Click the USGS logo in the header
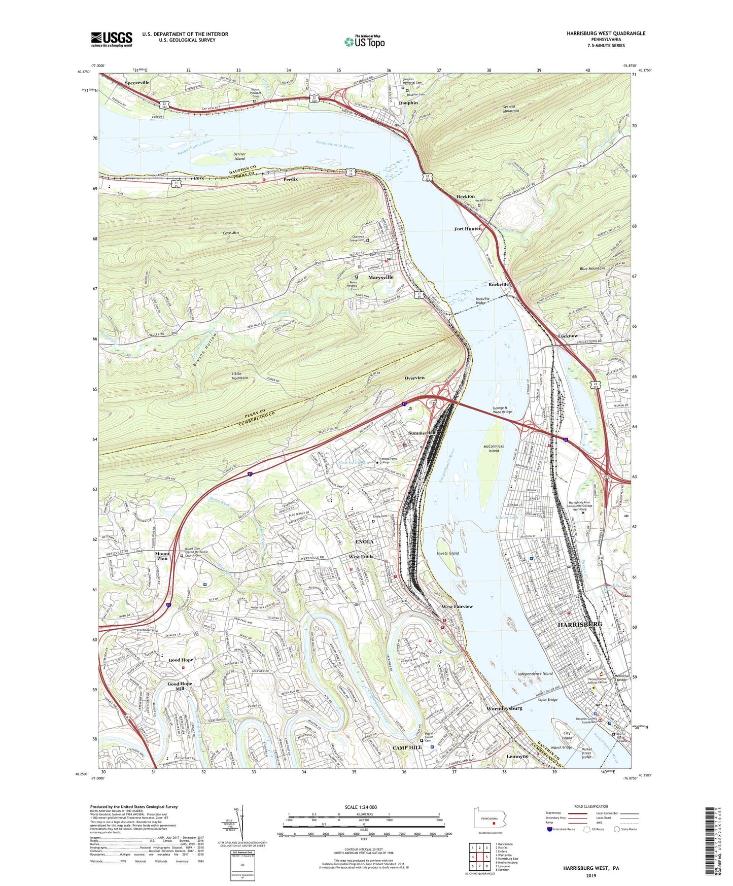(112, 39)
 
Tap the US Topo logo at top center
(364, 42)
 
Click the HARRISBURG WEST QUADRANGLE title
(606, 33)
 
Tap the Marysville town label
(380, 278)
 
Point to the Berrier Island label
(239, 156)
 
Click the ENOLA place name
(364, 542)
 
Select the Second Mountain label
(511, 109)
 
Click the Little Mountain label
(240, 375)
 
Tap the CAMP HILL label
(407, 747)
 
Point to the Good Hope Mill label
(180, 686)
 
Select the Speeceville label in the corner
(137, 82)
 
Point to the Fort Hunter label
(467, 229)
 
